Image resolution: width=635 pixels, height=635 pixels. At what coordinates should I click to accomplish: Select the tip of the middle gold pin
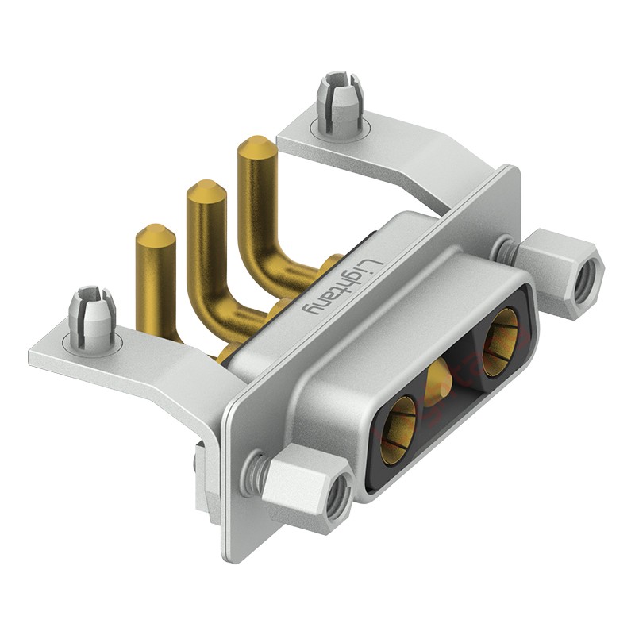(x=206, y=184)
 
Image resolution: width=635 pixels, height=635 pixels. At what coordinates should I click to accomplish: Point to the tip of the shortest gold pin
(x=156, y=228)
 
